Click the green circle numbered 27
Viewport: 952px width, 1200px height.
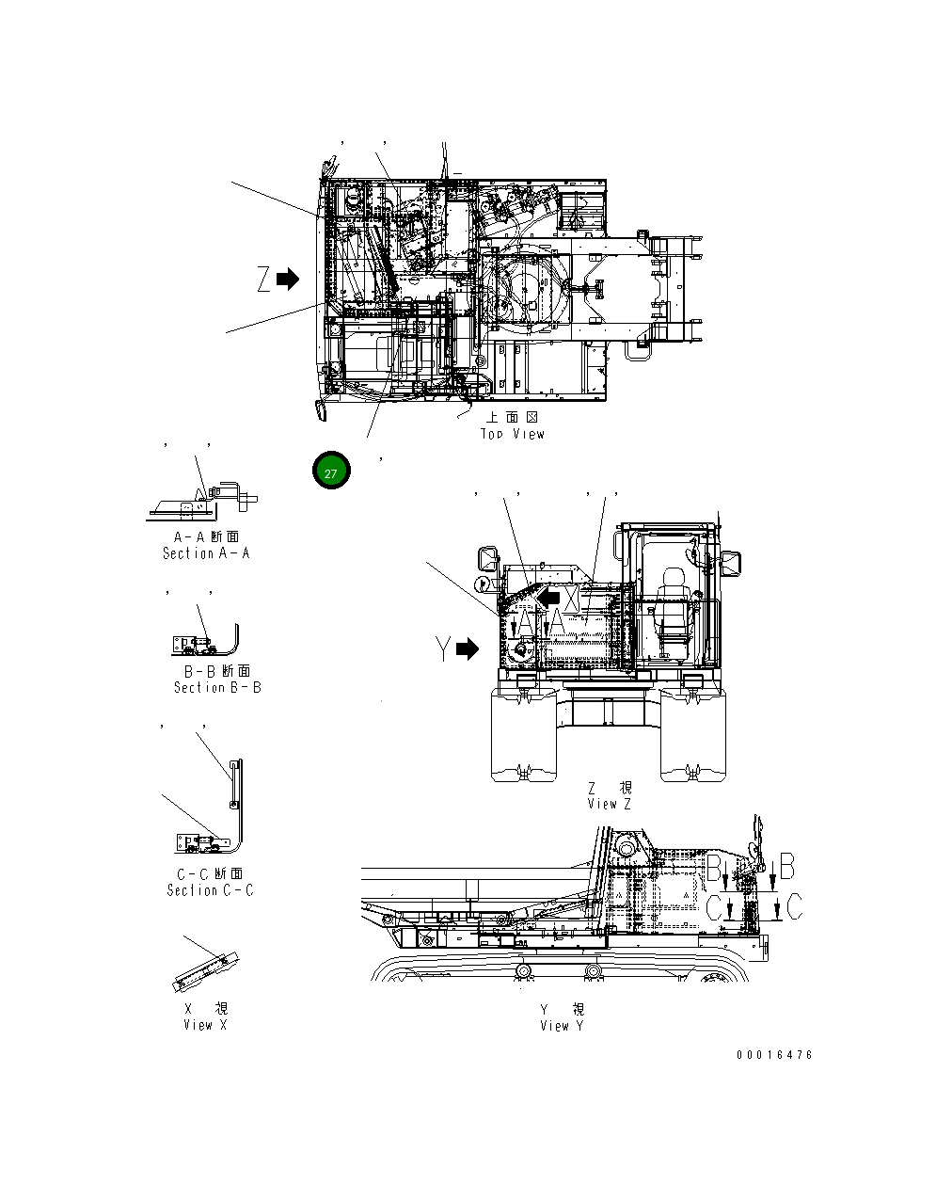point(331,472)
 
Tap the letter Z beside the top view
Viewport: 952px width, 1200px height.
point(264,280)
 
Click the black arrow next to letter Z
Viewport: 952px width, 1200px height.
point(288,280)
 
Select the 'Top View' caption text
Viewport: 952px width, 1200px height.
point(513,434)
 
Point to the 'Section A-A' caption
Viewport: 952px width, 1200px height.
point(206,553)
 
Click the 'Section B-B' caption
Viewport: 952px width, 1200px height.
point(217,687)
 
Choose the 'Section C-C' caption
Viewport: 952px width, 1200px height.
point(210,890)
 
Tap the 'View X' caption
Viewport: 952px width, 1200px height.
point(205,1025)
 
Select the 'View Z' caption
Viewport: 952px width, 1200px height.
point(609,804)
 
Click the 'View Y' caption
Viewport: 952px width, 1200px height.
point(562,1025)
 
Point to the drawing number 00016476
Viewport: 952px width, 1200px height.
point(774,1055)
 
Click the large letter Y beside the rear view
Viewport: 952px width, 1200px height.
point(443,649)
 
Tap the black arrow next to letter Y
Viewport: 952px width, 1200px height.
point(468,649)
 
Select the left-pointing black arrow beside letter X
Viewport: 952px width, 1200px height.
point(548,597)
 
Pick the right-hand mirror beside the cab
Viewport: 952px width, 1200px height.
point(731,563)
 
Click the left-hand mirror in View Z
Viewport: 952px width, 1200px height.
point(489,558)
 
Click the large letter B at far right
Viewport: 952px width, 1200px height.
point(787,866)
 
